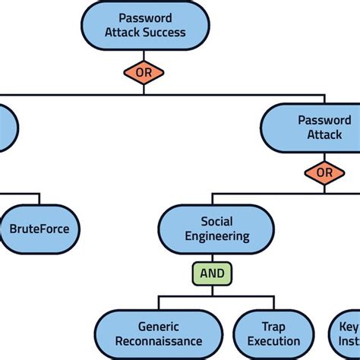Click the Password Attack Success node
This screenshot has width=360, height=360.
click(x=144, y=25)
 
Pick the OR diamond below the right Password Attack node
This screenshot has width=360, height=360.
click(x=324, y=173)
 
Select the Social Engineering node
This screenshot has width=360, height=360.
click(x=216, y=229)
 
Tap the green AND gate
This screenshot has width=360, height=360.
click(x=212, y=274)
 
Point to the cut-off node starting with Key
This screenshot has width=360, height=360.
click(x=346, y=334)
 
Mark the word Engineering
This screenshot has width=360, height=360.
click(x=217, y=236)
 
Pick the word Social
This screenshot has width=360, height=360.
click(x=216, y=221)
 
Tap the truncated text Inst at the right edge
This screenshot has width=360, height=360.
click(x=349, y=342)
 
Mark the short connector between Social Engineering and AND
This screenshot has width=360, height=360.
click(x=212, y=258)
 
